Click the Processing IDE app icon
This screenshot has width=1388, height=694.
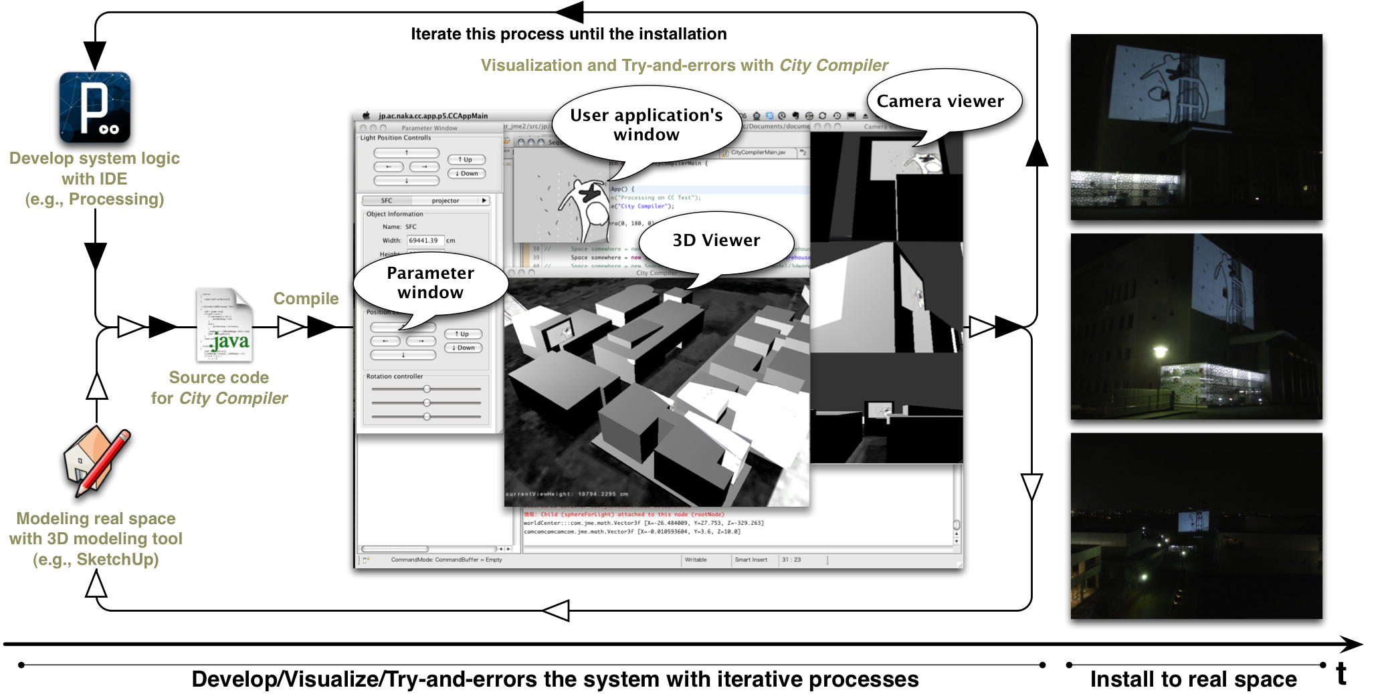coord(94,108)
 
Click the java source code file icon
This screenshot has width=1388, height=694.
coord(225,326)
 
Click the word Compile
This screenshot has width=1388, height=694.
coord(306,298)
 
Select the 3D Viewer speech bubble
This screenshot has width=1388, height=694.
coord(716,241)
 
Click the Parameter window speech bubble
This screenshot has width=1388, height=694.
coord(430,283)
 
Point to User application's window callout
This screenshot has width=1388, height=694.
coord(646,125)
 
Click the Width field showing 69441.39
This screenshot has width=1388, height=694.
coord(425,241)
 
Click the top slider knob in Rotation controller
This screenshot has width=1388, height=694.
coord(427,389)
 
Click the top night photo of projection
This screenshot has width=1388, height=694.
coord(1196,127)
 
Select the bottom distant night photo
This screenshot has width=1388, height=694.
coord(1196,526)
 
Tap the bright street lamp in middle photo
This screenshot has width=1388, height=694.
coord(1160,350)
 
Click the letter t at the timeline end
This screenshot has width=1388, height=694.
coord(1341,674)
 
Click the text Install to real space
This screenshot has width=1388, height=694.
coord(1193,679)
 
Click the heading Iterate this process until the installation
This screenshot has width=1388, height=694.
coord(568,34)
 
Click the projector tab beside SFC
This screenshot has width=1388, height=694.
coord(445,201)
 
